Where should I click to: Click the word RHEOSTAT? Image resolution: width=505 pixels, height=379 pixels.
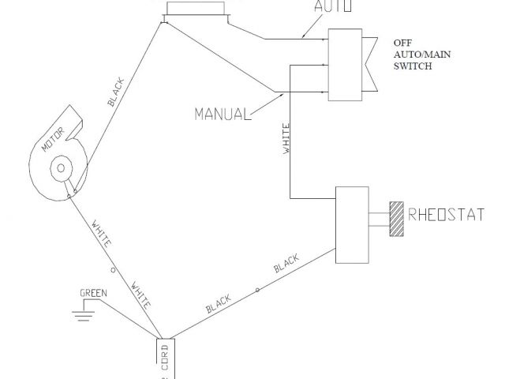(x=446, y=212)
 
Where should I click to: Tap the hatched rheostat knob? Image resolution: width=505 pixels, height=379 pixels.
(x=395, y=218)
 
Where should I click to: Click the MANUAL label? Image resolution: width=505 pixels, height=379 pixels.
(x=220, y=113)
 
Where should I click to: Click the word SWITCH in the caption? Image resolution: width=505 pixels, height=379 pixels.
(x=412, y=67)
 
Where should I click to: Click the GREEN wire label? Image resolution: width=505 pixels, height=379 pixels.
(x=93, y=293)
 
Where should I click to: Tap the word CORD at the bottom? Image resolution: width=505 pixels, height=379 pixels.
(x=165, y=358)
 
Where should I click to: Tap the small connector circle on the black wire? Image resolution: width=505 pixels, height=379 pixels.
(x=257, y=291)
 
